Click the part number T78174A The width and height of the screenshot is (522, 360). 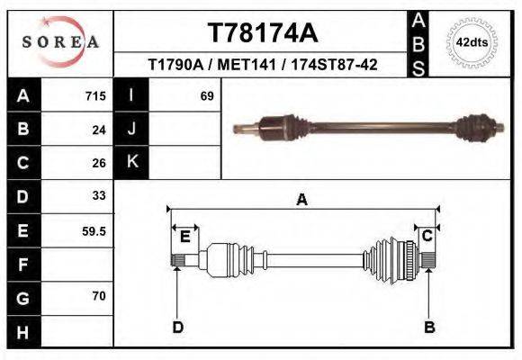tap(262, 33)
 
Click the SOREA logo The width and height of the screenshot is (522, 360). tap(59, 41)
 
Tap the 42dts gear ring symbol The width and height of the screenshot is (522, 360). tap(472, 42)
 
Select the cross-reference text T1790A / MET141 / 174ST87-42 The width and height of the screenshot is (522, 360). tap(262, 66)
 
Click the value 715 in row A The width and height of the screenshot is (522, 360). tap(95, 96)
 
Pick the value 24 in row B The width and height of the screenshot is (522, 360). tap(99, 130)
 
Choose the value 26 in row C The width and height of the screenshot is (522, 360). tap(99, 163)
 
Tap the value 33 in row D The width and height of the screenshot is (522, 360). tap(99, 195)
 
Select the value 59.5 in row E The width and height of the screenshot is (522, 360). tap(94, 230)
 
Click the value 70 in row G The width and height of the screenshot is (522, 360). tap(99, 296)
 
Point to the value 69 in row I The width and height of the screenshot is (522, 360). tap(206, 96)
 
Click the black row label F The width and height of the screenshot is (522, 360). tap(22, 264)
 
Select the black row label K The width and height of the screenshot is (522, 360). tap(131, 163)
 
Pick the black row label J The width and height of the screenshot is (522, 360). tap(131, 130)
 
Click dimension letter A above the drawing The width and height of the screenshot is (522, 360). tap(302, 201)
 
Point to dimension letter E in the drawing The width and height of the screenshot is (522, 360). tap(184, 237)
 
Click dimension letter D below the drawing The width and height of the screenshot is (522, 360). tap(177, 327)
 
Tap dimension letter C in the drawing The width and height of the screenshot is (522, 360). tap(428, 236)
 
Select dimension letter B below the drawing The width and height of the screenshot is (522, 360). tap(429, 327)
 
